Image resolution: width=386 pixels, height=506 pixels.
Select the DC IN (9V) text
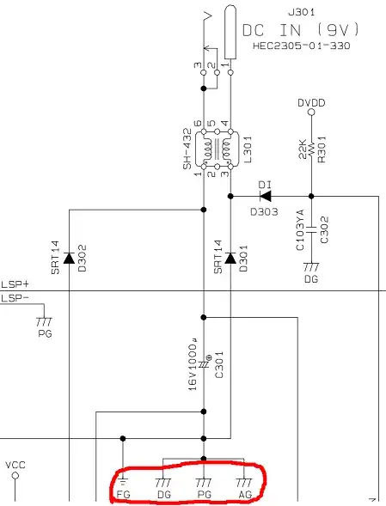(x=300, y=29)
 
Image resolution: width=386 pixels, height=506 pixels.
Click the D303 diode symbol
(x=265, y=196)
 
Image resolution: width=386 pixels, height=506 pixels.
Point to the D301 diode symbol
(x=230, y=259)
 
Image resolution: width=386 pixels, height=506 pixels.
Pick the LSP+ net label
(x=15, y=283)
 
